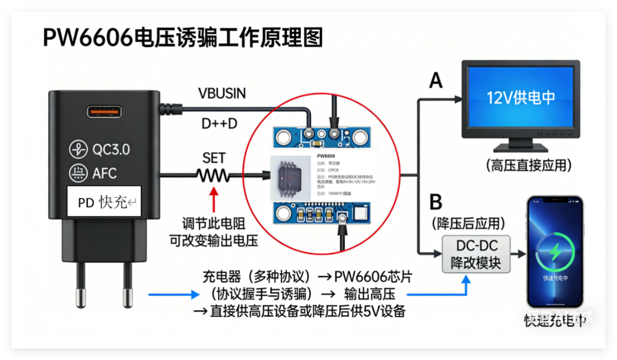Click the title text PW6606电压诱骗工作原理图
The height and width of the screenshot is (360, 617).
183,37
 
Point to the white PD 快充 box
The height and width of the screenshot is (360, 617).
104,201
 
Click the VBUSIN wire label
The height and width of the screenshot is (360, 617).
222,93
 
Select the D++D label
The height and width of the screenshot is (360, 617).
219,124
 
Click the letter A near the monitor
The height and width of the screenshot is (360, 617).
436,80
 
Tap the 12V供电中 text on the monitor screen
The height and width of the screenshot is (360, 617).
521,98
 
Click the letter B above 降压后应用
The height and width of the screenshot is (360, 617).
436,202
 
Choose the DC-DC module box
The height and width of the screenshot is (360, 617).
476,254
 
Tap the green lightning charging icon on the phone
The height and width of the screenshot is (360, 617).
555,252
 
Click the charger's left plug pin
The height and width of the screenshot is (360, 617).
80,287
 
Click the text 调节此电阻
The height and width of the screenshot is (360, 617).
213,224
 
